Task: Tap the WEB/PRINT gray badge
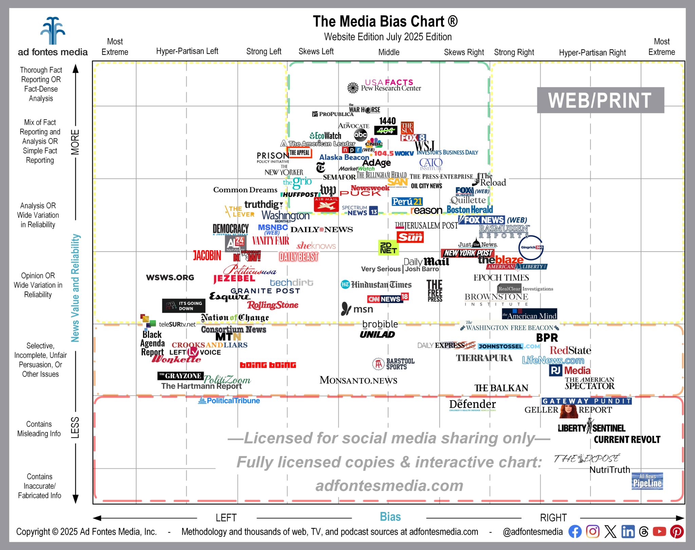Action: tap(600, 100)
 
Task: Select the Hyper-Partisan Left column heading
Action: tap(187, 51)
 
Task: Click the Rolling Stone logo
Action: tap(273, 305)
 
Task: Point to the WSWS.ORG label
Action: tap(170, 277)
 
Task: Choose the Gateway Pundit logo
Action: tap(586, 401)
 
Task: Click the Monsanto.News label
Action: tap(358, 380)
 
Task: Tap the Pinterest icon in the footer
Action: tap(677, 532)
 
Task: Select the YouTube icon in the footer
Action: tap(659, 532)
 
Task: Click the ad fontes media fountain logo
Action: tap(53, 31)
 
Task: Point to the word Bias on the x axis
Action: tap(390, 517)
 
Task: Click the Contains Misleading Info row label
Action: tap(39, 429)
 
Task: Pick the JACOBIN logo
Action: tap(207, 255)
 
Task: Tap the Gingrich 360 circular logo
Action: tap(531, 248)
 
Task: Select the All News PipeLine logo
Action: tap(647, 481)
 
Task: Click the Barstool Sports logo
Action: tap(394, 364)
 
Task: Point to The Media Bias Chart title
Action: tap(385, 21)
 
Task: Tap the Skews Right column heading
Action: tap(464, 52)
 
